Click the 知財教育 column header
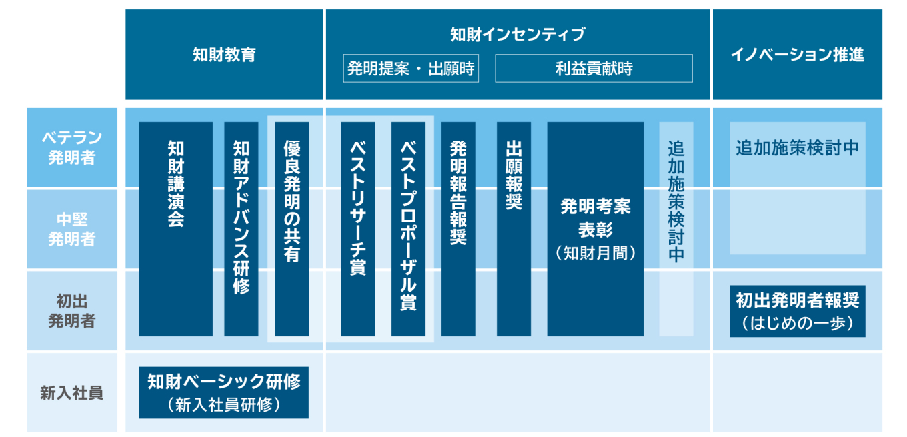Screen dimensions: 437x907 [x=224, y=55]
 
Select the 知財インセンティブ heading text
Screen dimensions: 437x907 [x=518, y=34]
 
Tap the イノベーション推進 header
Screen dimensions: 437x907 [x=797, y=55]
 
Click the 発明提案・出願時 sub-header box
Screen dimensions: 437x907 [x=411, y=68]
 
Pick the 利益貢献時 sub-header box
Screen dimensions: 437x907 [x=594, y=68]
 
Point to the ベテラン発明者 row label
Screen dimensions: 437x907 [x=71, y=147]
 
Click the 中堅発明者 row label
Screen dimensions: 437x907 [x=71, y=229]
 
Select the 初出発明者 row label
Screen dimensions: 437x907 [x=71, y=310]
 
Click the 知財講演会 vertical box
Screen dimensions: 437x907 [x=175, y=228]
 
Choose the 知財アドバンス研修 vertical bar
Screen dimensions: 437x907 [x=241, y=228]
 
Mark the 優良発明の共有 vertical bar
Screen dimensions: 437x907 [x=292, y=228]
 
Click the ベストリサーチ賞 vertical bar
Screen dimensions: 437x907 [x=357, y=228]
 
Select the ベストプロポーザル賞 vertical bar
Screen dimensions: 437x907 [x=408, y=228]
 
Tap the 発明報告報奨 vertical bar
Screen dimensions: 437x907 [x=458, y=228]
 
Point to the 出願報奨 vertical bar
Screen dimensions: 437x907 [x=514, y=228]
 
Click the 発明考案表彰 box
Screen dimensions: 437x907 [x=595, y=228]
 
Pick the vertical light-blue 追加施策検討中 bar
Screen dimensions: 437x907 [x=676, y=228]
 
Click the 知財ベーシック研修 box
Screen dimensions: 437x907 [x=223, y=392]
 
